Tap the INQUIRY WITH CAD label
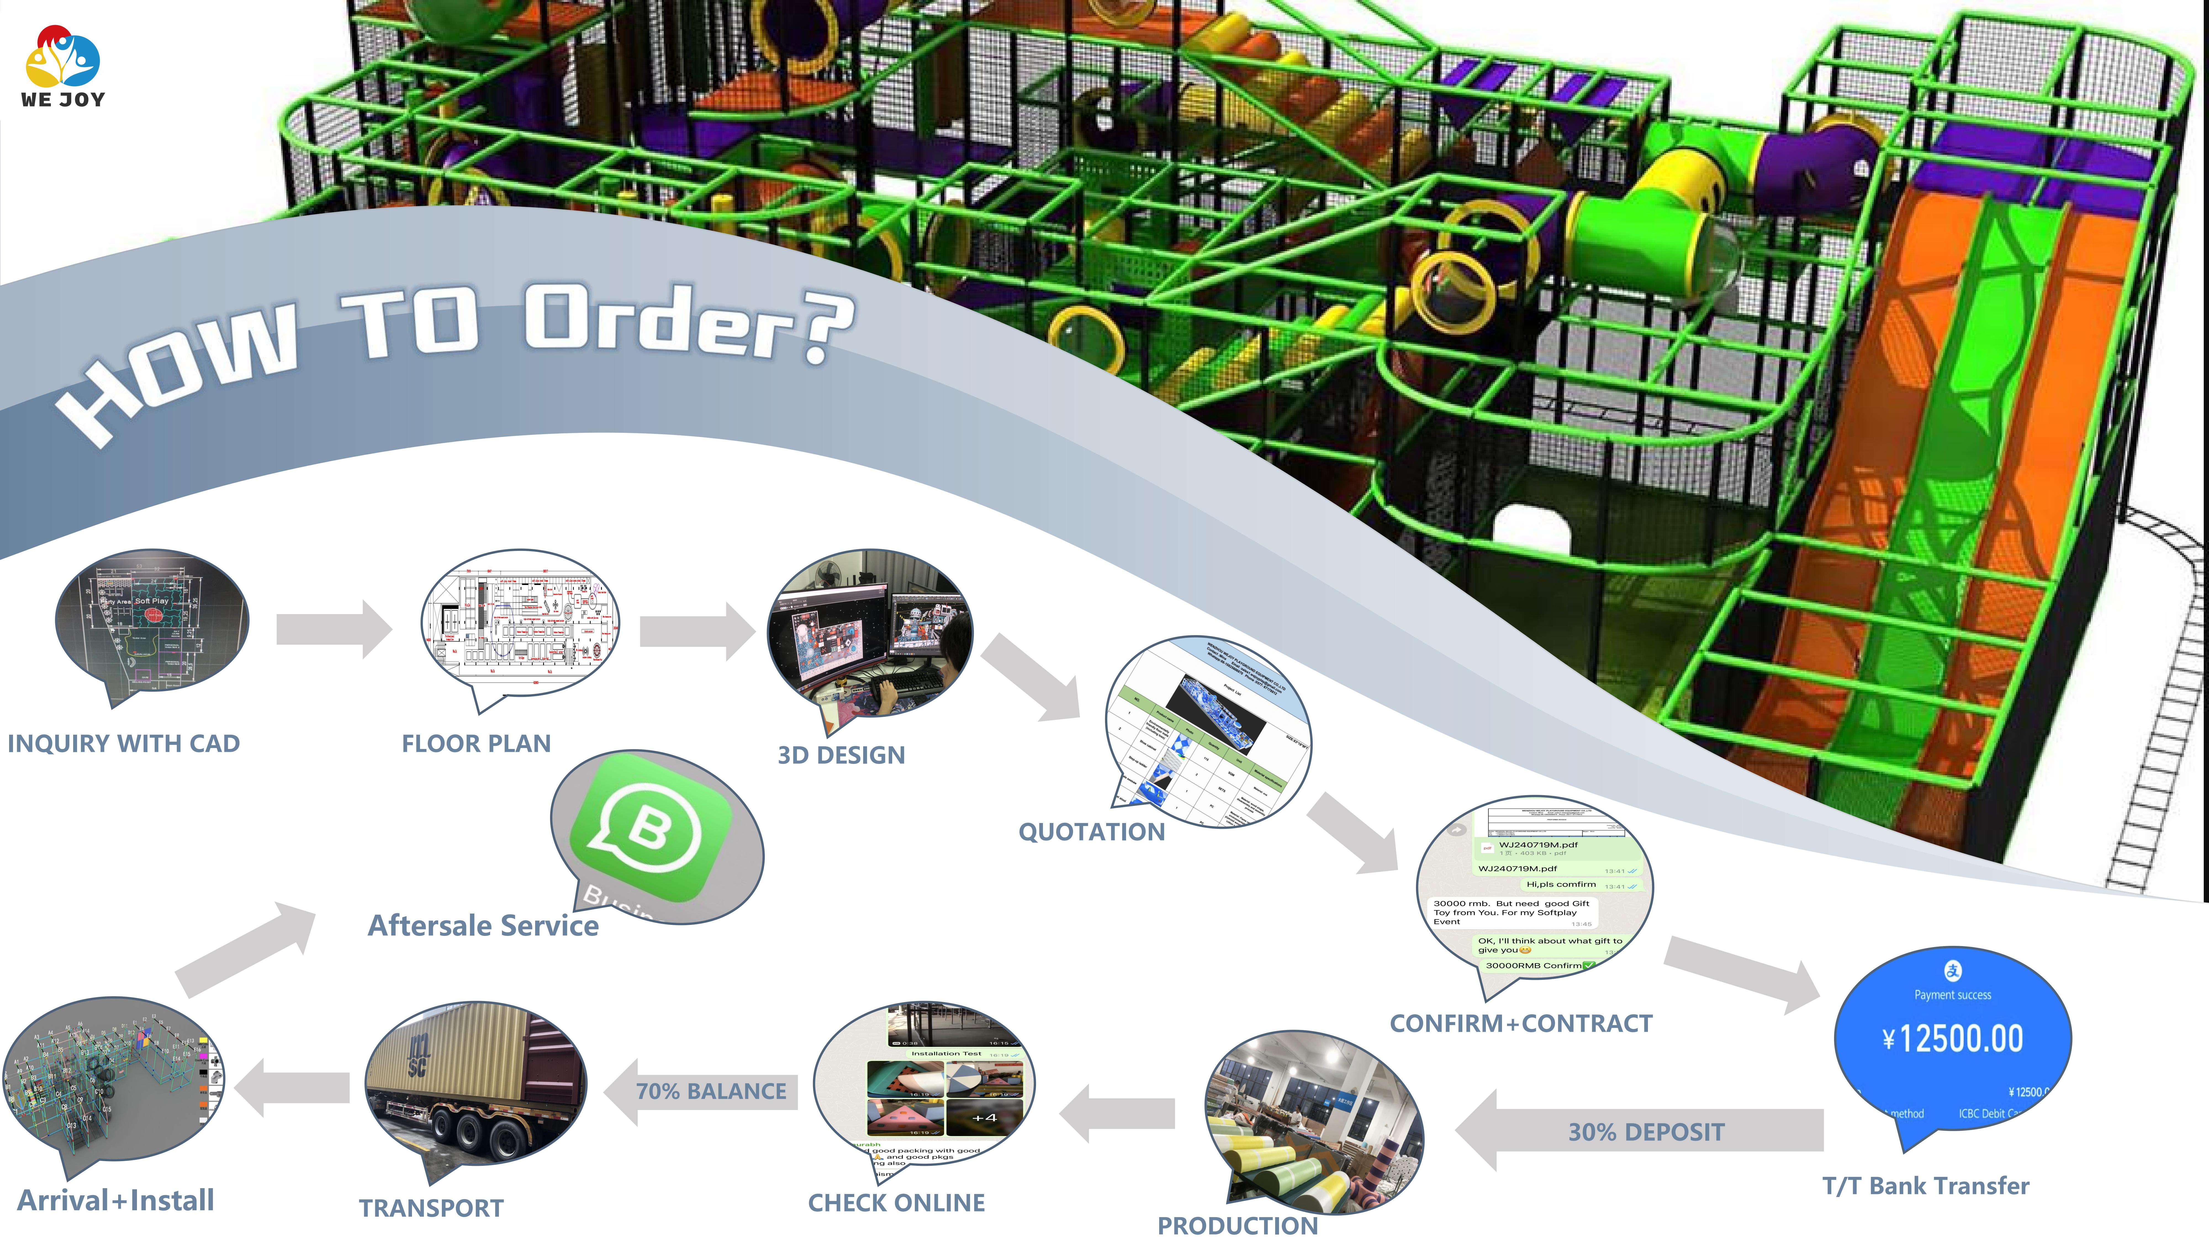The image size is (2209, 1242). pyautogui.click(x=123, y=743)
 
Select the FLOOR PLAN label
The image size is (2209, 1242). pyautogui.click(x=476, y=743)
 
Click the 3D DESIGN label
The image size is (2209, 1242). pyautogui.click(x=840, y=755)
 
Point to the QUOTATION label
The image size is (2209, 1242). pyautogui.click(x=1091, y=831)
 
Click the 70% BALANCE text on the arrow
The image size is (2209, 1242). pyautogui.click(x=711, y=1091)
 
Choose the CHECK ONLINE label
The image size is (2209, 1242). pyautogui.click(x=896, y=1203)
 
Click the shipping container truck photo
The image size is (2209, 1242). pyautogui.click(x=476, y=1084)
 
